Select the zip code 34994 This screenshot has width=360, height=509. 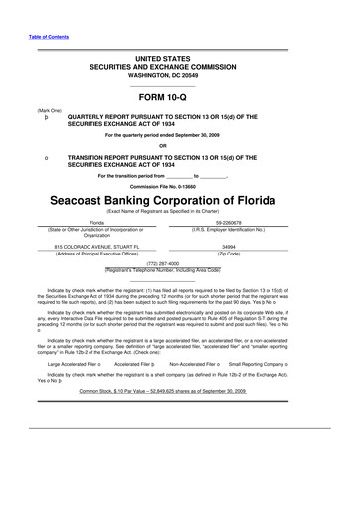pyautogui.click(x=229, y=244)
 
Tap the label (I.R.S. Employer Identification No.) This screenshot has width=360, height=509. pyautogui.click(x=229, y=231)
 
